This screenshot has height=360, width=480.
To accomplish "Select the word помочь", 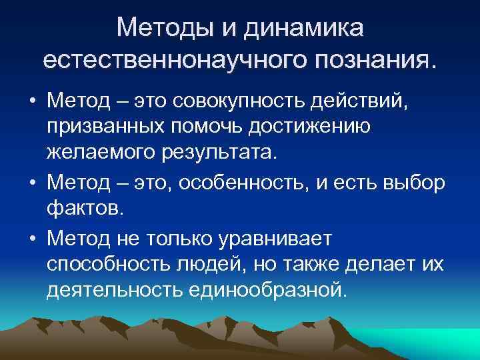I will pyautogui.click(x=226, y=127).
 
